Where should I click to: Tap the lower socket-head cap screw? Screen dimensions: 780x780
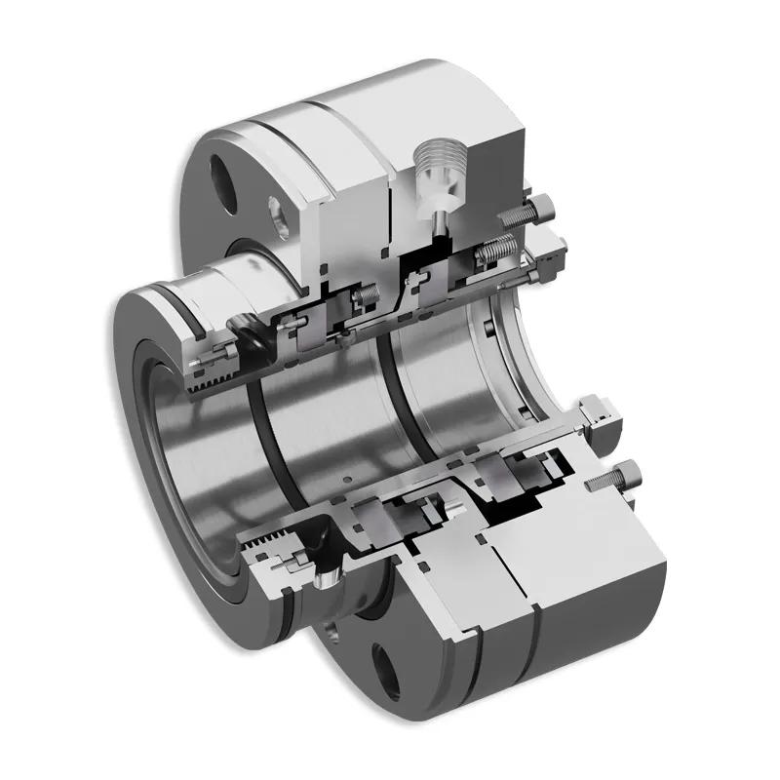[x=614, y=479]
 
